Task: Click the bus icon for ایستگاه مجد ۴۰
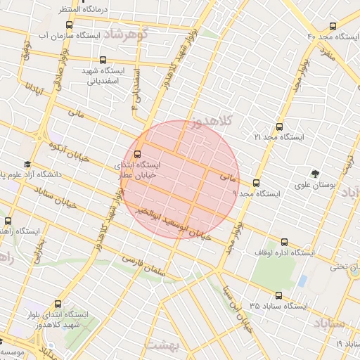pyautogui.click(x=333, y=26)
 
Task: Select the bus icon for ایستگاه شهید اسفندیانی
pyautogui.click(x=103, y=60)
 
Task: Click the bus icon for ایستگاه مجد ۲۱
pyautogui.click(x=279, y=127)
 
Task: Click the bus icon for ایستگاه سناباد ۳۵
pyautogui.click(x=278, y=295)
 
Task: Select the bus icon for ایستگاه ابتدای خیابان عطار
pyautogui.click(x=137, y=153)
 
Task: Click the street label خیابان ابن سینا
pyautogui.click(x=240, y=309)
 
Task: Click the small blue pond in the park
pyautogui.click(x=302, y=281)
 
